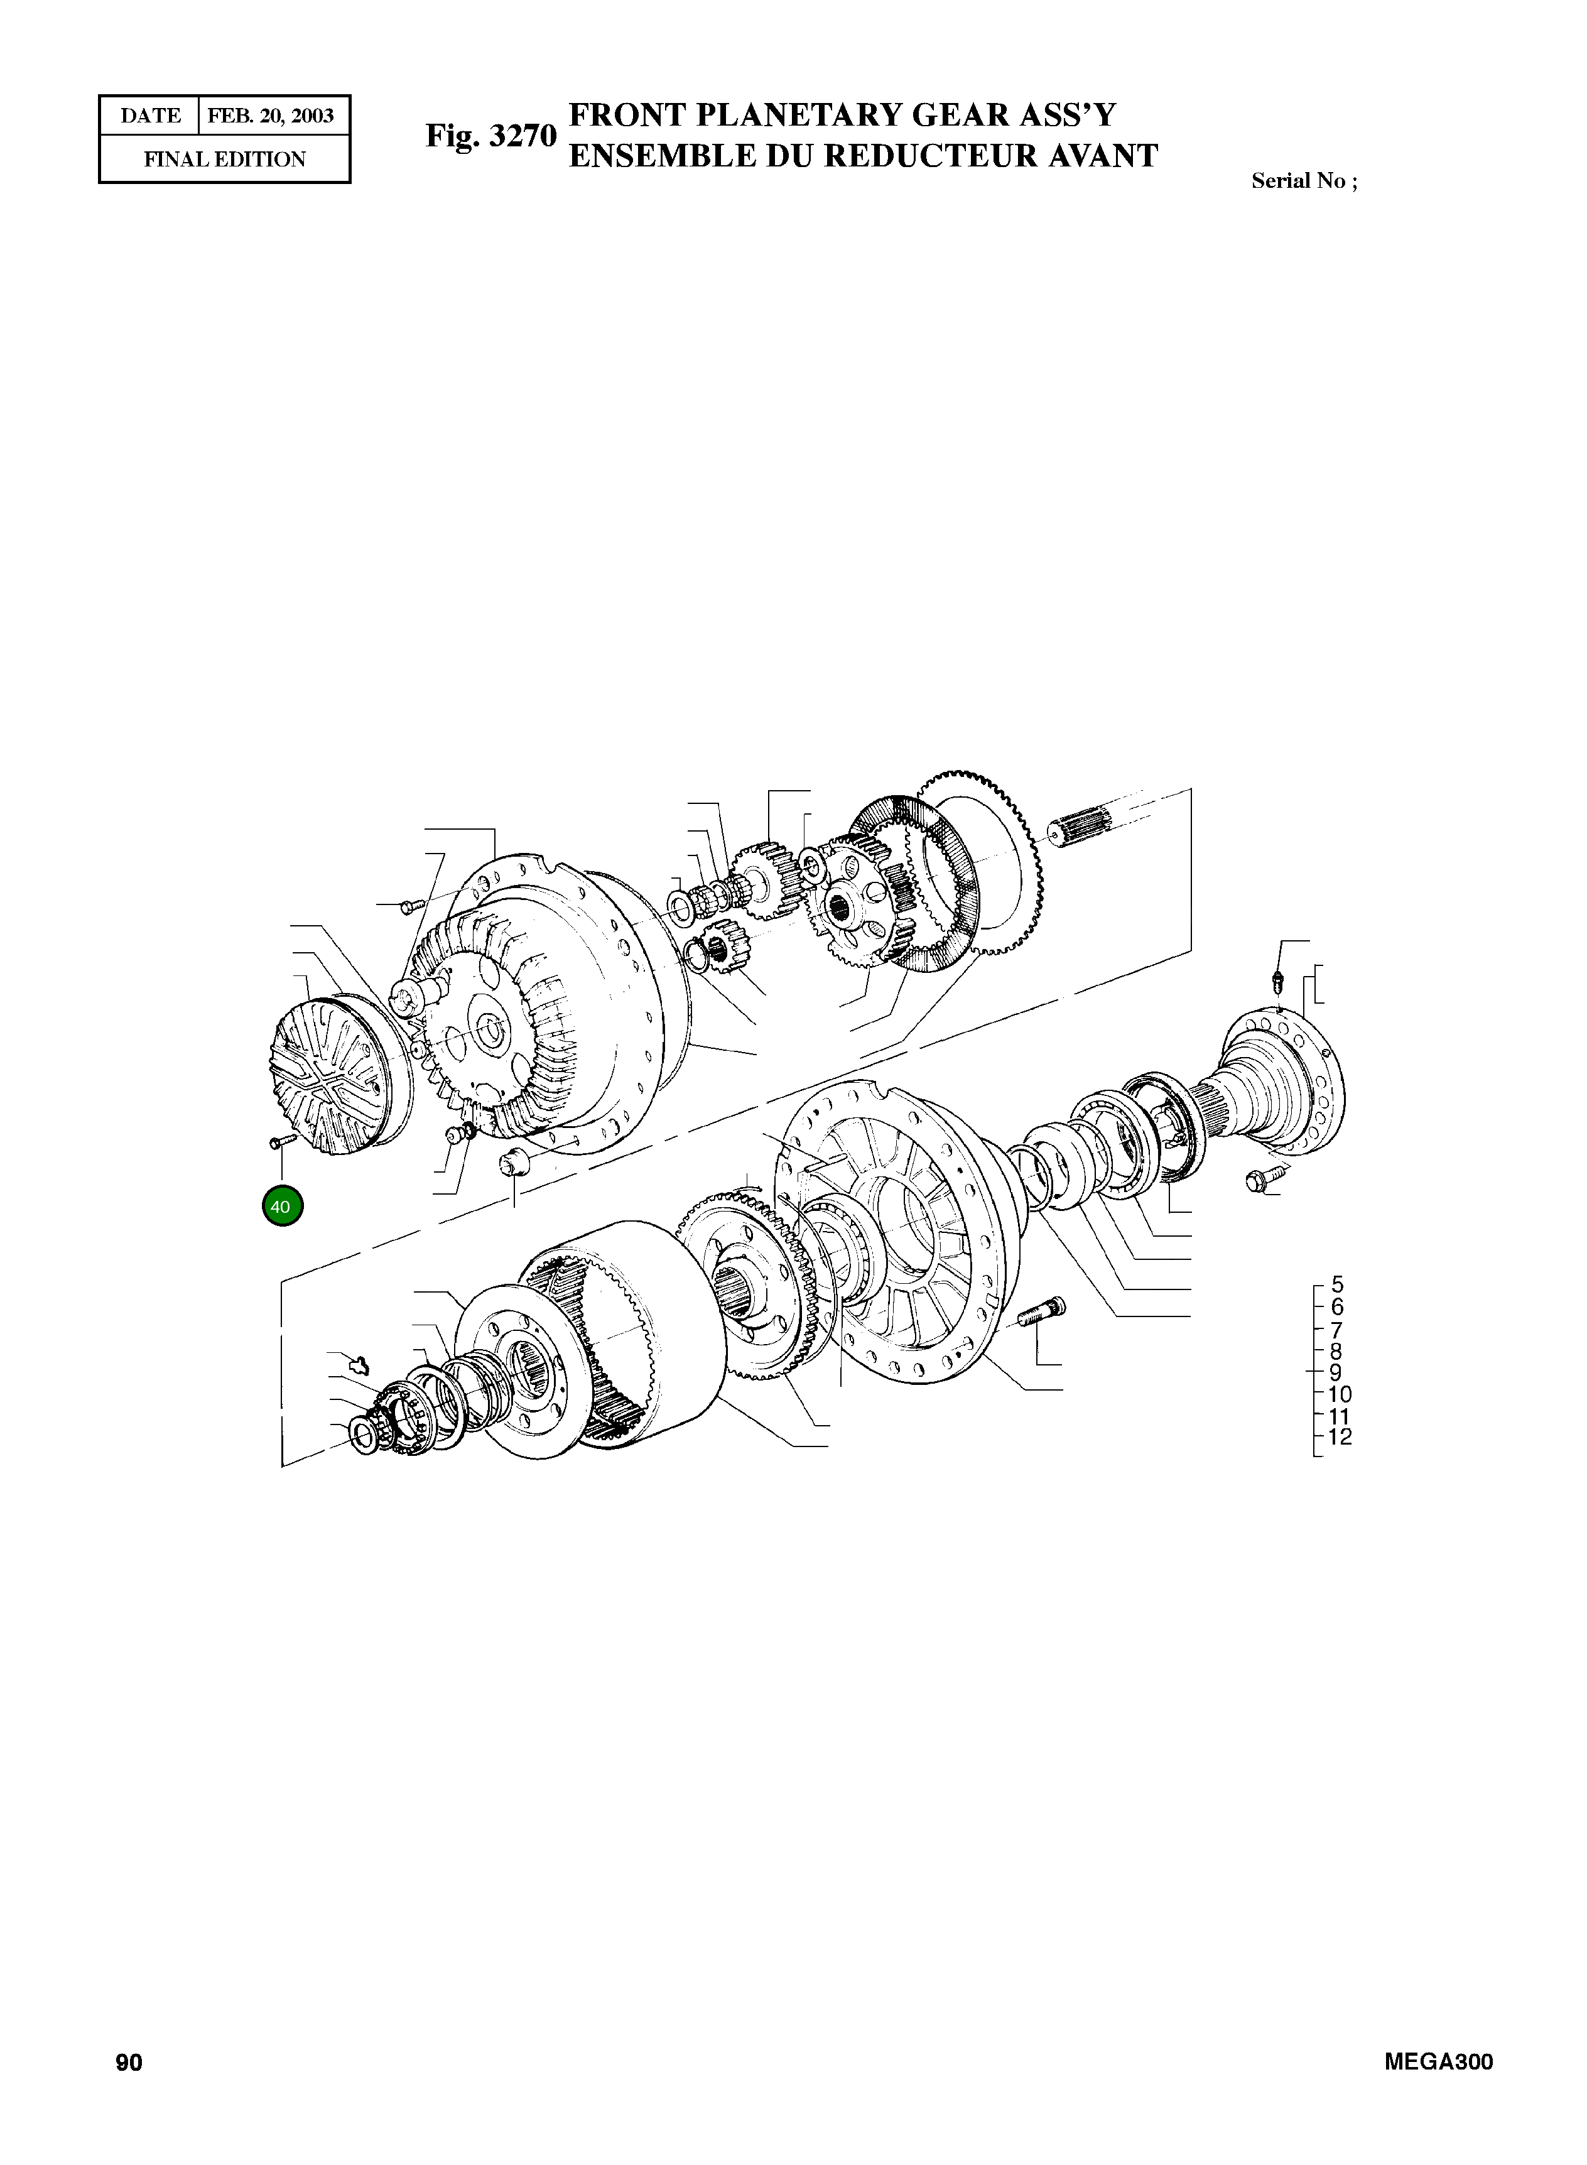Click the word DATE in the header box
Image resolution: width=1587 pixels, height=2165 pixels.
pos(150,116)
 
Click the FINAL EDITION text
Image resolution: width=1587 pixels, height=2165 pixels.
pos(225,160)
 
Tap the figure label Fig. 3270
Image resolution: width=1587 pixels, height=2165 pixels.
pos(491,136)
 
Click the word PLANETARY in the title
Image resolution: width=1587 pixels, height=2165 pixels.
pos(796,116)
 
